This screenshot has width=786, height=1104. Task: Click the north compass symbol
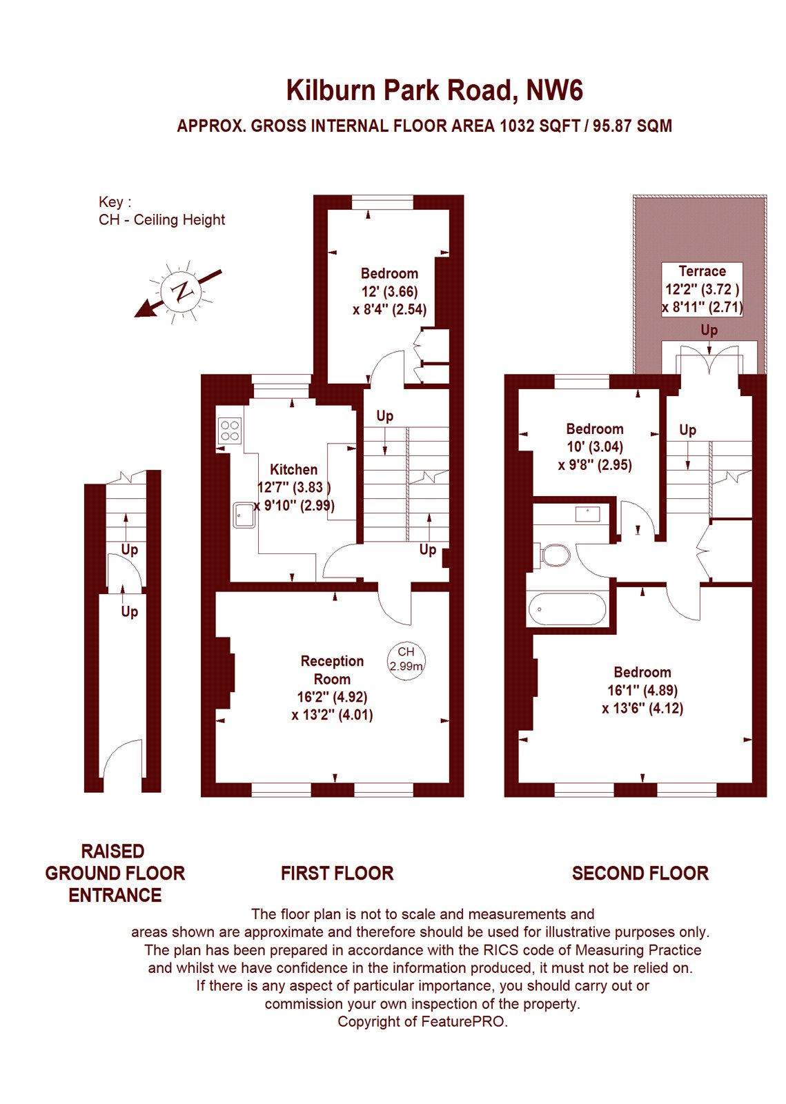(182, 291)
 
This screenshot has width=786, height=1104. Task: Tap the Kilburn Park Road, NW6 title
(435, 90)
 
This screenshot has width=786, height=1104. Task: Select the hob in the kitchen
(229, 431)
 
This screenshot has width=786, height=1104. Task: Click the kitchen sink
(244, 515)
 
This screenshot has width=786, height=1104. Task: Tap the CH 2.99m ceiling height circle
(406, 662)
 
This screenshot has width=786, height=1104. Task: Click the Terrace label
(703, 271)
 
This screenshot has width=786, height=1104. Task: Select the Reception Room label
(332, 670)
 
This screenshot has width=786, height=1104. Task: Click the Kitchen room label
(294, 469)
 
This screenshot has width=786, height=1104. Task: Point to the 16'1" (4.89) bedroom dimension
(642, 691)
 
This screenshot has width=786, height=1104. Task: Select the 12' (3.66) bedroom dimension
(389, 291)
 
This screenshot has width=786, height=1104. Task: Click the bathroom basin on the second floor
(587, 513)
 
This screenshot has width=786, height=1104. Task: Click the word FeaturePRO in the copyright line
(463, 1022)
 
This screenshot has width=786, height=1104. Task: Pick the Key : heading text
(115, 202)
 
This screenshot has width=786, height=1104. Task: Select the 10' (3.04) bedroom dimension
(595, 447)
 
